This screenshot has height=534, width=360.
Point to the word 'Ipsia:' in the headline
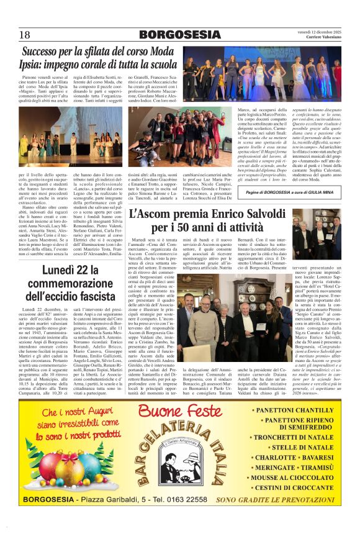(38, 65)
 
